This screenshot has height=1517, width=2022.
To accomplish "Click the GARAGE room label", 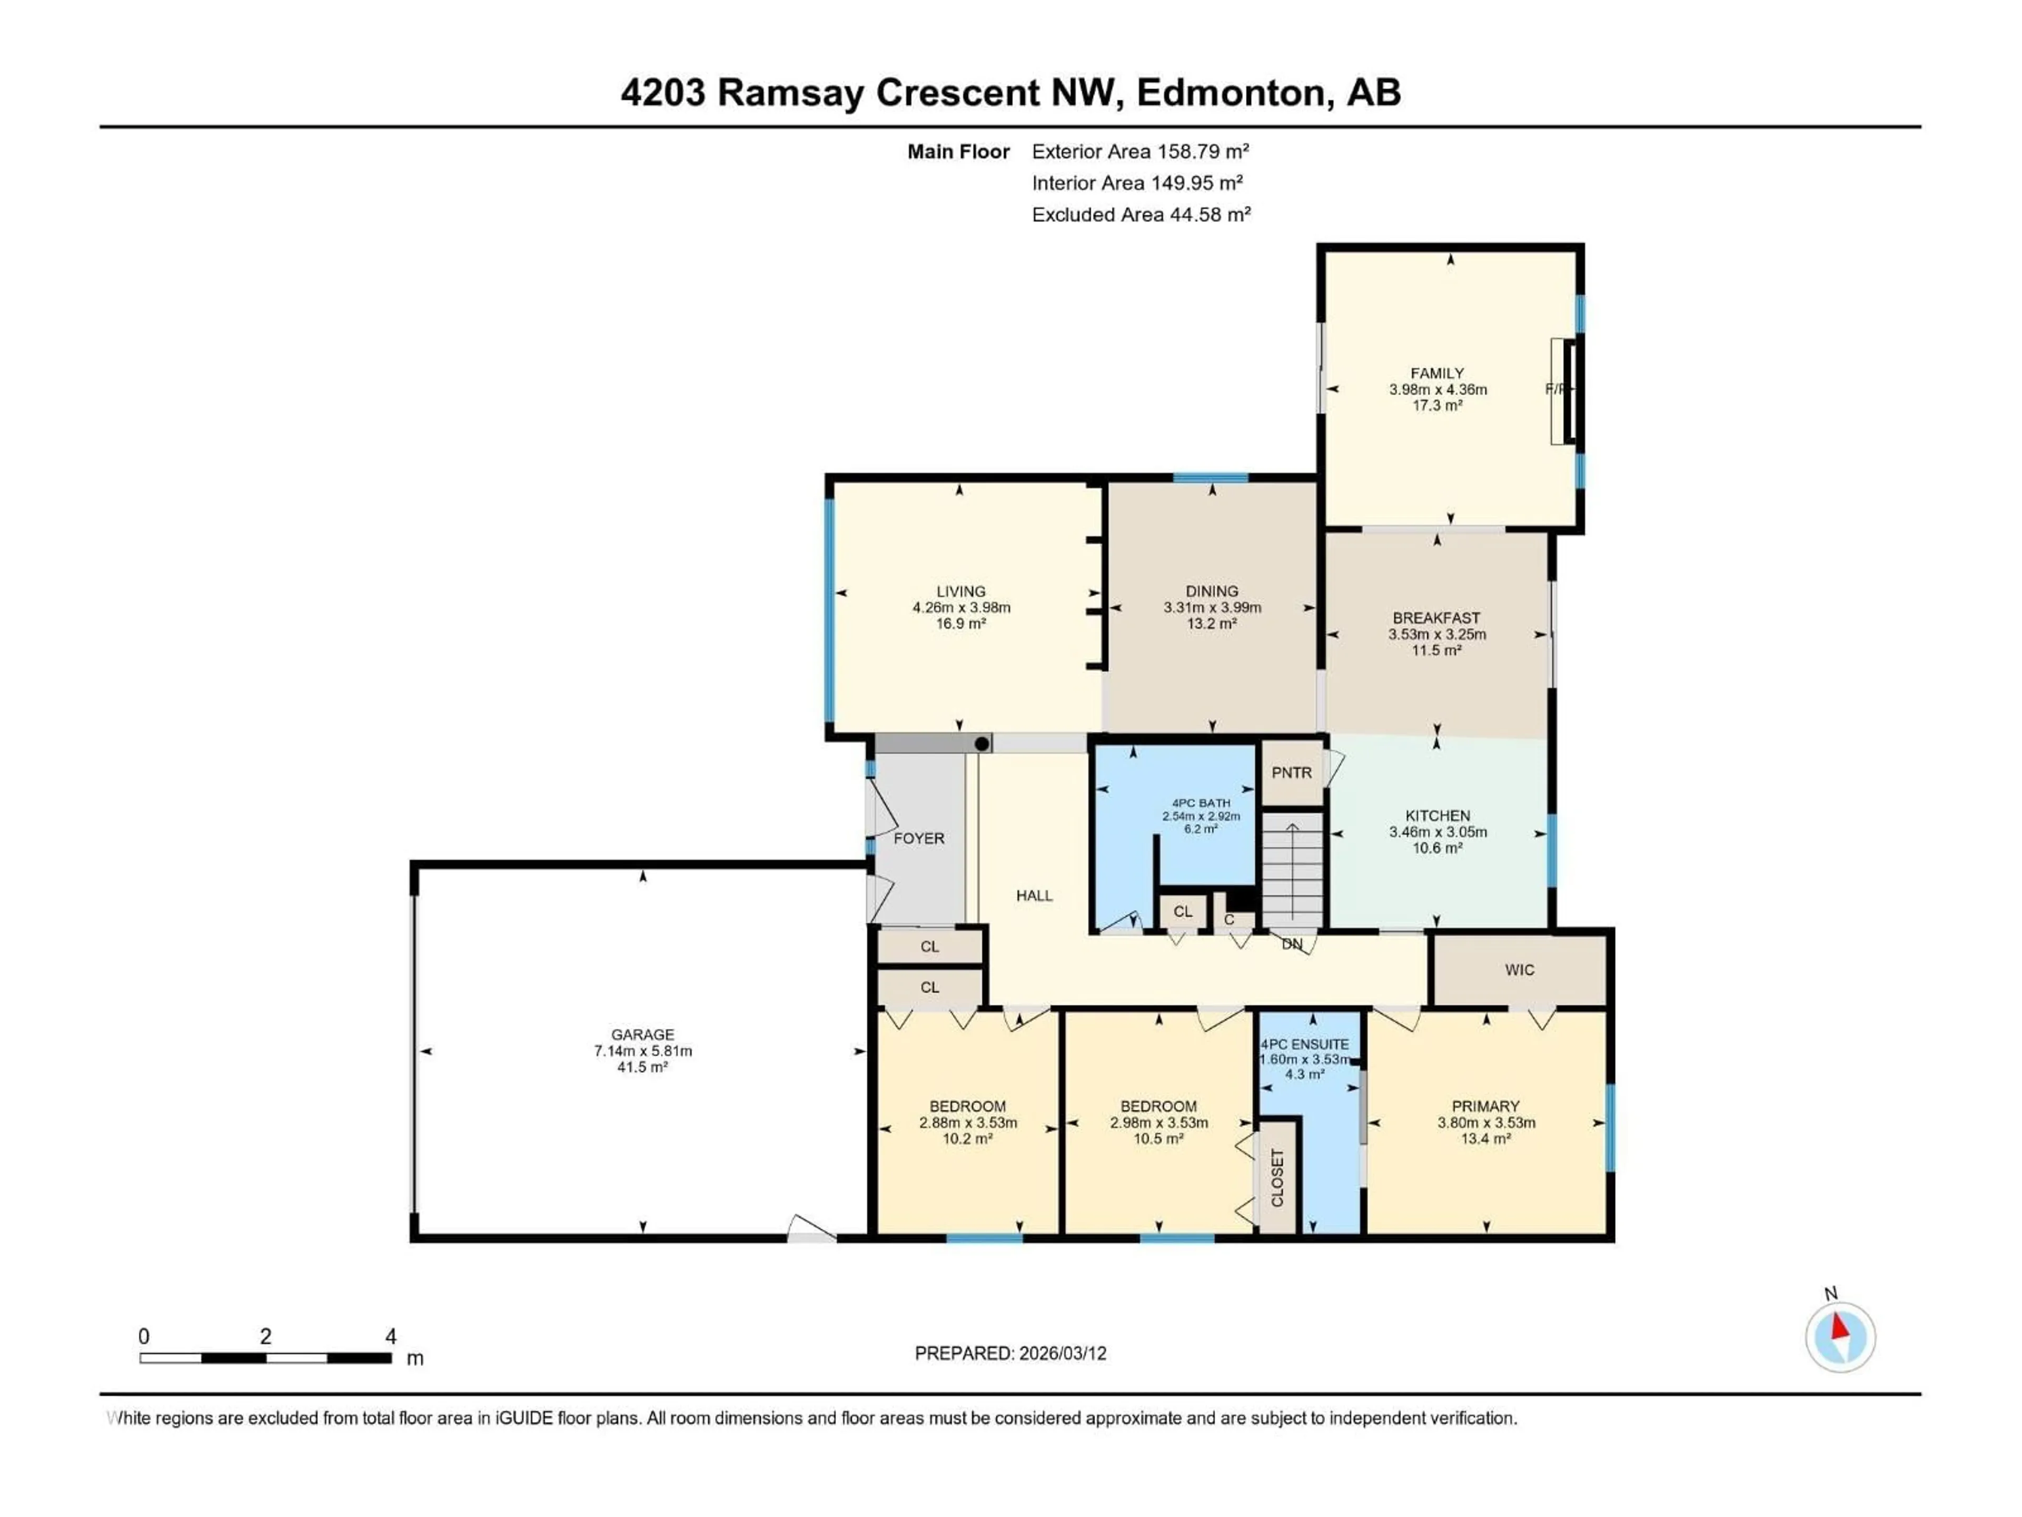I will point(642,1034).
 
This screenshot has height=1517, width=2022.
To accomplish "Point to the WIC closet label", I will point(1519,969).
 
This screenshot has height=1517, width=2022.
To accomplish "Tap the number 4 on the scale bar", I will point(390,1336).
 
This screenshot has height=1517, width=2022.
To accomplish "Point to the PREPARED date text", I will point(1010,1353).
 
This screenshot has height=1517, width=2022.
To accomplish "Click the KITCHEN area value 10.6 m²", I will point(1437,848).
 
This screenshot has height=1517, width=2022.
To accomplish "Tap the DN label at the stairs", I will point(1292,944).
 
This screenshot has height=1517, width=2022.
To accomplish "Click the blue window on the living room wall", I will point(829,610).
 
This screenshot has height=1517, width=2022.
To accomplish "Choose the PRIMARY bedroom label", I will point(1485,1106).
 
